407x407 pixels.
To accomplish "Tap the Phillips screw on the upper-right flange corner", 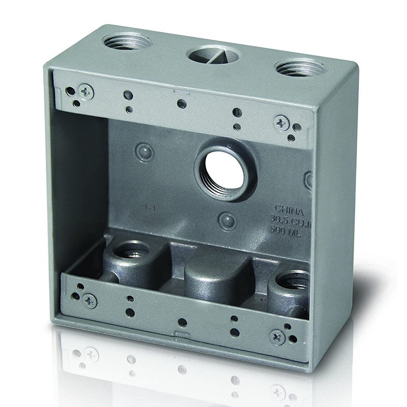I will coord(281,122).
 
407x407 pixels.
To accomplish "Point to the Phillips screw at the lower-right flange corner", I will coord(278,336).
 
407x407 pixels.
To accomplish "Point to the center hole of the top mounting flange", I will coord(181,104).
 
